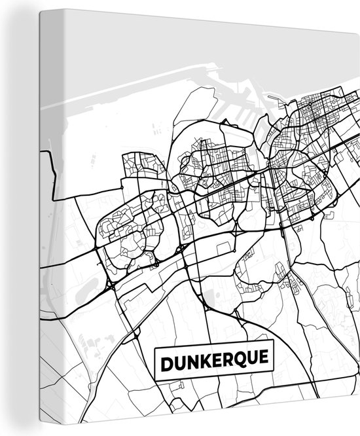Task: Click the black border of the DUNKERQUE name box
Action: coord(215,349)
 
